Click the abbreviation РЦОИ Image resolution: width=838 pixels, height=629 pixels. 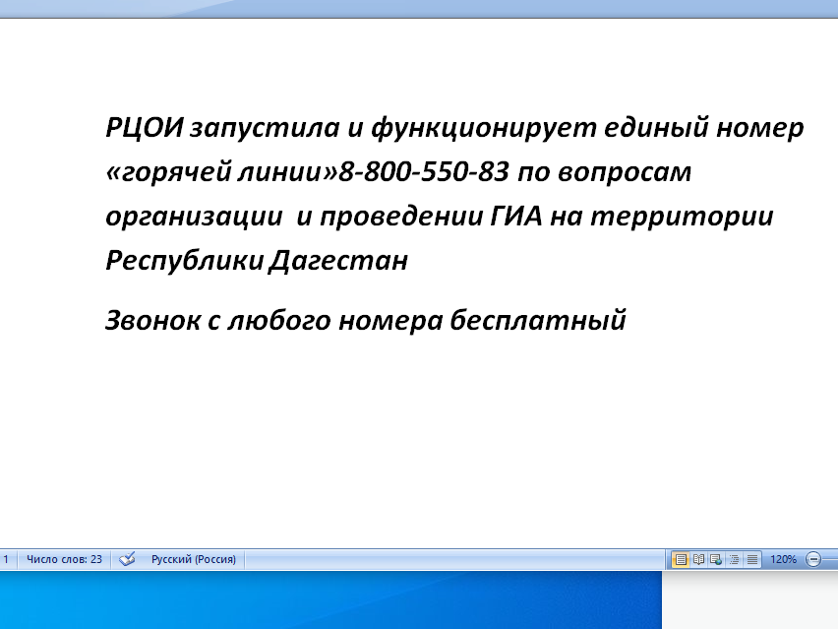click(x=145, y=127)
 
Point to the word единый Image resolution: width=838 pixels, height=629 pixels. click(x=656, y=129)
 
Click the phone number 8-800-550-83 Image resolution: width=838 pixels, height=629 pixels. click(x=424, y=171)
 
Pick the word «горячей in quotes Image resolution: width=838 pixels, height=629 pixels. click(x=168, y=173)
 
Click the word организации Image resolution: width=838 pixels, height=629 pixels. click(x=194, y=218)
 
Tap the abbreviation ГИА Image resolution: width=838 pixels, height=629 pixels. click(x=515, y=217)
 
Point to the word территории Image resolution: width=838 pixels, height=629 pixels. click(x=682, y=218)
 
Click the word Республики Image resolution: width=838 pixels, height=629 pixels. click(x=185, y=261)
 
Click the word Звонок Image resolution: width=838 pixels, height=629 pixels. click(x=152, y=320)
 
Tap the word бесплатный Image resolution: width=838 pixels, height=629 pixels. click(x=538, y=320)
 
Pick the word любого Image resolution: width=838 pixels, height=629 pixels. click(x=279, y=320)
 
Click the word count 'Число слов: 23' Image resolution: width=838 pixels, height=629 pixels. click(x=64, y=559)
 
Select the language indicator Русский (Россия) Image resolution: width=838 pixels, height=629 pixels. click(x=194, y=559)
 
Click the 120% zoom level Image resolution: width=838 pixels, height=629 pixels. click(x=783, y=559)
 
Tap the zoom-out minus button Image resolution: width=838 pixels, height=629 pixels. click(x=812, y=559)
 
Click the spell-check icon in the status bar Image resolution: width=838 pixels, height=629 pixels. click(x=127, y=559)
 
